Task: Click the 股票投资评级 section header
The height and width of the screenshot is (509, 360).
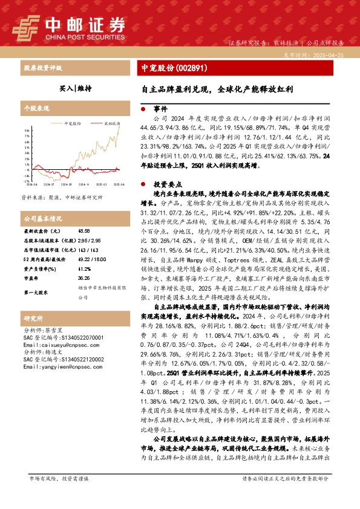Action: coord(42,68)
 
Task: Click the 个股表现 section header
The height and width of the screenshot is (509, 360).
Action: coord(36,108)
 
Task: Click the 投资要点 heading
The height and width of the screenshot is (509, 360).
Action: coord(166,183)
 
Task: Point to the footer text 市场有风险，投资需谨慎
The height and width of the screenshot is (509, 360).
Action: coord(59,495)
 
